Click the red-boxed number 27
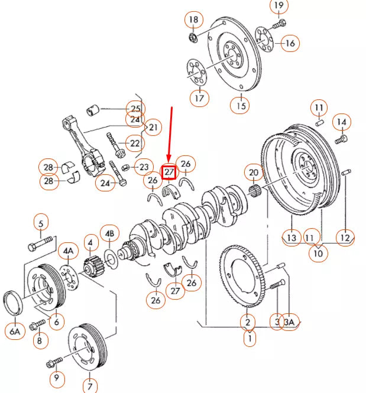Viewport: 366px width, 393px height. (170, 171)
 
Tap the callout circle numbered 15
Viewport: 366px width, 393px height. (240, 106)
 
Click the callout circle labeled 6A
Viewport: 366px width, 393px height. (15, 332)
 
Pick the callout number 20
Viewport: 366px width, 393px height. (254, 173)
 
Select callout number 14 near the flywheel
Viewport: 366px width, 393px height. (341, 122)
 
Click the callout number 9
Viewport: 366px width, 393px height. (56, 377)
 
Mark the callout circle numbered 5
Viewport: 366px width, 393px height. (41, 223)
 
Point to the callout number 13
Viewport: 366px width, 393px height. (291, 238)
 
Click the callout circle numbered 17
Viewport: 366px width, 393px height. (199, 97)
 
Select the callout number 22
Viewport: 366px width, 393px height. (135, 143)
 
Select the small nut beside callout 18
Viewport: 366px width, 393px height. (193, 39)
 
